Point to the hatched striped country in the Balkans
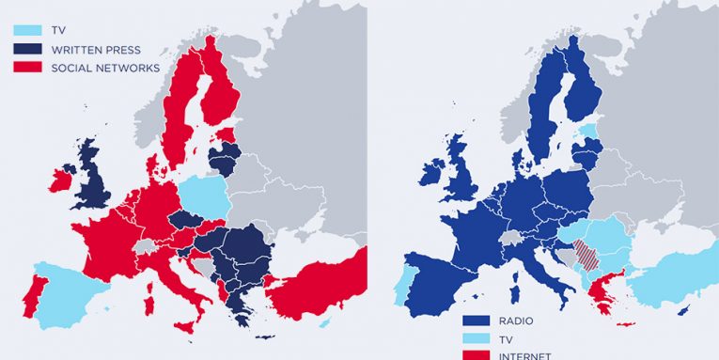tap(586, 255)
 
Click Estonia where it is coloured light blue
tap(588, 130)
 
